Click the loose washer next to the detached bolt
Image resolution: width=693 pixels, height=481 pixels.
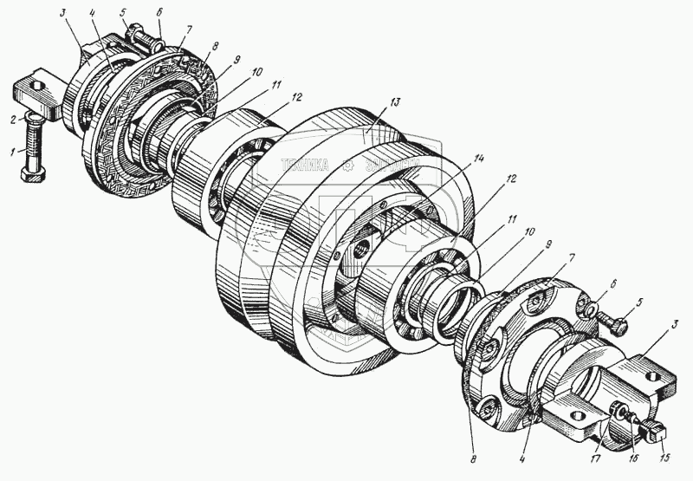click(590, 309)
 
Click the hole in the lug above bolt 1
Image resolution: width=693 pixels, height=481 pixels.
click(35, 83)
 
